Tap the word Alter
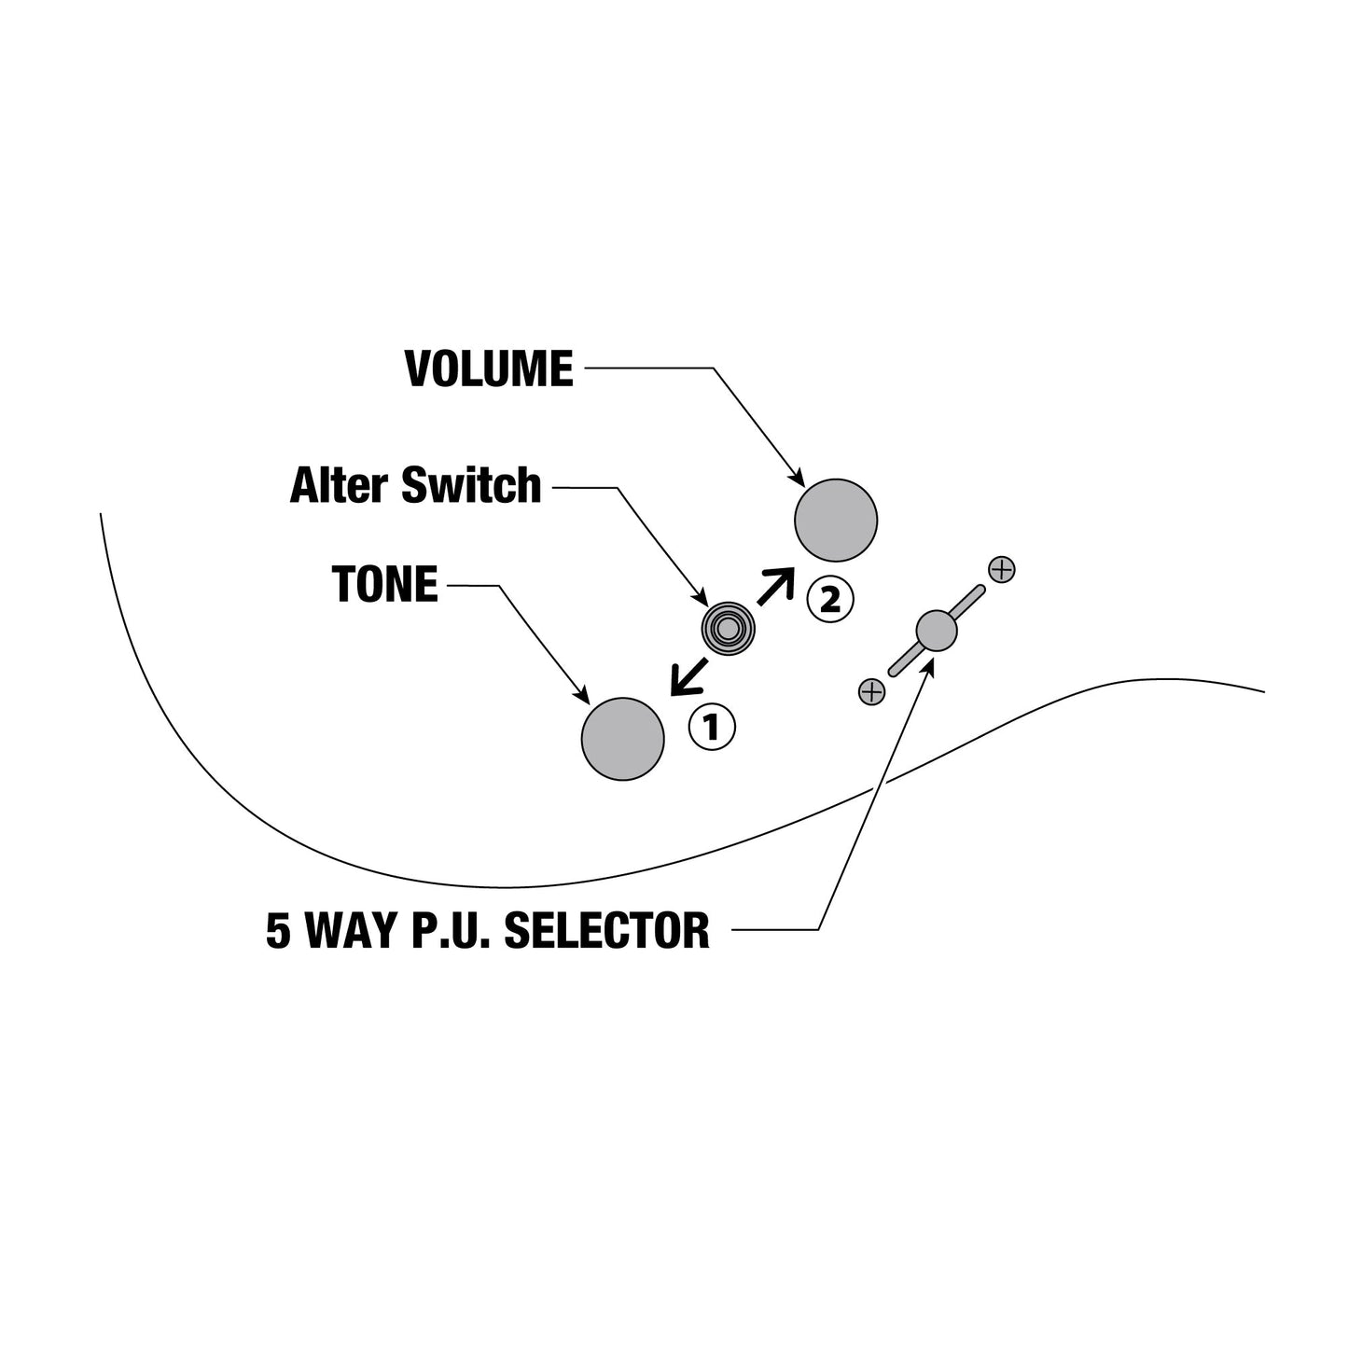340,485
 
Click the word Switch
471,485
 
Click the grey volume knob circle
836,521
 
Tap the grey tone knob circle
622,739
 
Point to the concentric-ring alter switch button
729,629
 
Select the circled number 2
829,599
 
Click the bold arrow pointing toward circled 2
776,586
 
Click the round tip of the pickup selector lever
936,631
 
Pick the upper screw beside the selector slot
1002,569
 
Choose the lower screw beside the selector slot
871,692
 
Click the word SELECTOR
606,930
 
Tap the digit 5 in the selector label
278,930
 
